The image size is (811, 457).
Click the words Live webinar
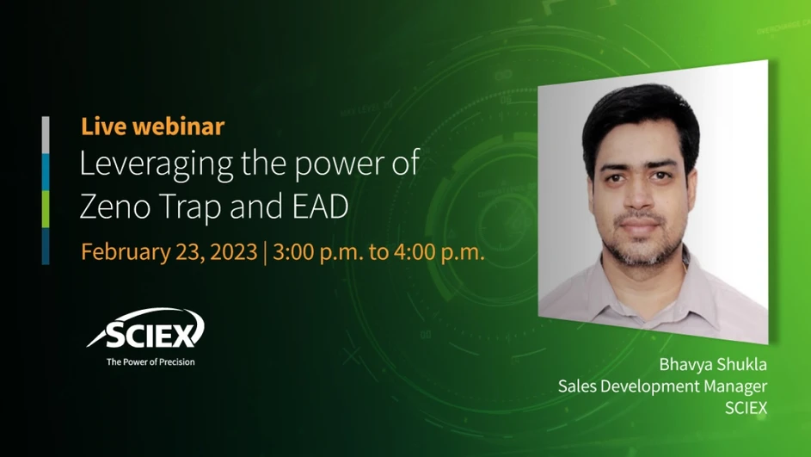[152, 127]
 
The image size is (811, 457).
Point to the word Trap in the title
[189, 207]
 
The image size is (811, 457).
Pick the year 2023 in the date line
[231, 252]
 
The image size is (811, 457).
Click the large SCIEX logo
[145, 330]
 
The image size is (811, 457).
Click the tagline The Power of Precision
[151, 361]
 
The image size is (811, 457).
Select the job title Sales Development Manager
[662, 386]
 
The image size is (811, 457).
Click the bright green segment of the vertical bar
[46, 208]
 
